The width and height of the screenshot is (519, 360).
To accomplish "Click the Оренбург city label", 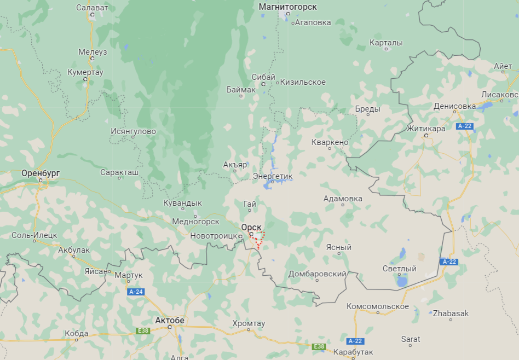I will (x=40, y=173).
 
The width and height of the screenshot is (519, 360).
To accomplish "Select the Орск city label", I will (x=251, y=227).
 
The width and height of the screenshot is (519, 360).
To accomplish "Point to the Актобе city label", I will (x=170, y=320).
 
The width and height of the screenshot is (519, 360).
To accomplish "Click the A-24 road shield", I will (x=136, y=292).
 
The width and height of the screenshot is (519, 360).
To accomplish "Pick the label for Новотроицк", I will (x=214, y=236).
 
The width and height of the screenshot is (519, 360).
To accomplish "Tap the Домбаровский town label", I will (x=318, y=274).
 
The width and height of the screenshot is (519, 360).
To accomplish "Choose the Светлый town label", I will (x=399, y=269).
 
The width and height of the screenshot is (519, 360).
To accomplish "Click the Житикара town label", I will (x=425, y=129).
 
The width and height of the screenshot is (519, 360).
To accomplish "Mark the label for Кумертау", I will (x=85, y=72).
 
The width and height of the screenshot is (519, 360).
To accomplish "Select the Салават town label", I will (x=92, y=8).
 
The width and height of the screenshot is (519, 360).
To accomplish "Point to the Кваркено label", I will (x=330, y=142).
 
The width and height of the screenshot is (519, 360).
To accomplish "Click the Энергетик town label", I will (x=273, y=176).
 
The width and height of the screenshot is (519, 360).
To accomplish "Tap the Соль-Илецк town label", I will (x=34, y=235).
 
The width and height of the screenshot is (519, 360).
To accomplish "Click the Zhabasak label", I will (x=451, y=313).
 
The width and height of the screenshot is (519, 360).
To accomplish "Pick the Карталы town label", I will (x=386, y=43).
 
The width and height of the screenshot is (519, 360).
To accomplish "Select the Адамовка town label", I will (x=343, y=199).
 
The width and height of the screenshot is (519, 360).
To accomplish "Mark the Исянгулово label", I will (x=133, y=131).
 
